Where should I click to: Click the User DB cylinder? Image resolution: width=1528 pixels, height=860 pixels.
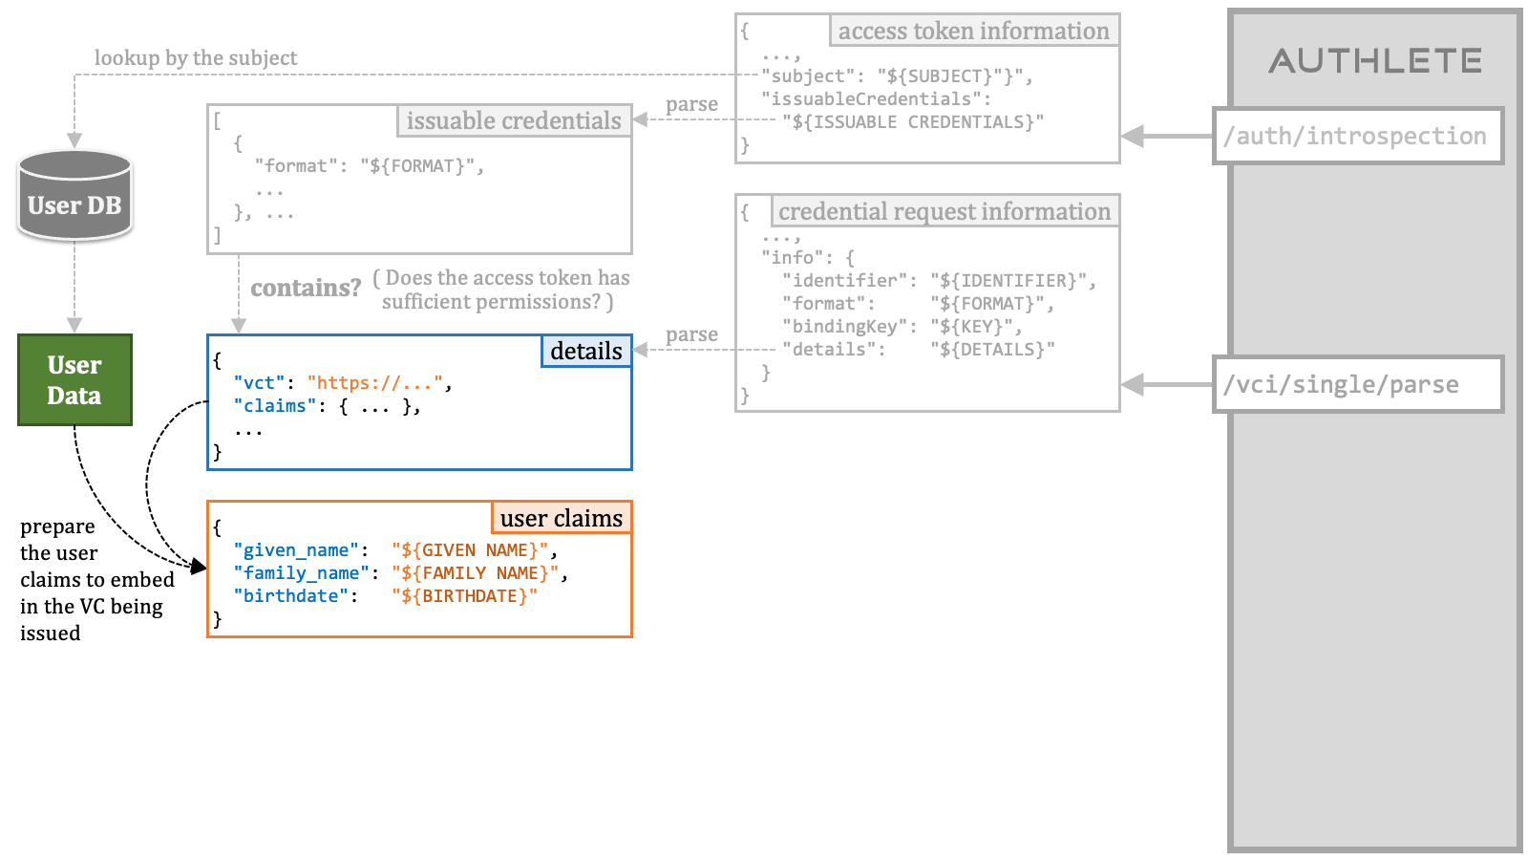[x=74, y=195]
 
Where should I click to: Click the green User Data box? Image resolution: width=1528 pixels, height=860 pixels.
[x=75, y=379]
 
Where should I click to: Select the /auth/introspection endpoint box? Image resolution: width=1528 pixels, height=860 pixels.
[x=1358, y=136]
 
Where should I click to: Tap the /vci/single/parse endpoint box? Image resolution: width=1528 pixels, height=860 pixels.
[x=1358, y=384]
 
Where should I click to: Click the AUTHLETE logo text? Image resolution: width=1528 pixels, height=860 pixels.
[x=1375, y=61]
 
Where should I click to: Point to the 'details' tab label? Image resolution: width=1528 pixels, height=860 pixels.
[x=586, y=351]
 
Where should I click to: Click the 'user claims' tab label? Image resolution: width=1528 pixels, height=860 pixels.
[x=562, y=518]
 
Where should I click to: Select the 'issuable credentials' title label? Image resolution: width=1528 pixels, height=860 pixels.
[x=514, y=120]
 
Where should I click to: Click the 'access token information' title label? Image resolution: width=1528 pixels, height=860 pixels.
[x=974, y=31]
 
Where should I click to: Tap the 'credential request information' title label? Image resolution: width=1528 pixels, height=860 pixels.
[x=944, y=211]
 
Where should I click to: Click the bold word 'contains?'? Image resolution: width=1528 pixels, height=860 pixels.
[x=306, y=288]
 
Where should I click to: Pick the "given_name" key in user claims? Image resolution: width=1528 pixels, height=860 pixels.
[x=296, y=550]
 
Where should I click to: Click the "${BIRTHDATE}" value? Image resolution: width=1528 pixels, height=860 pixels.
[x=464, y=596]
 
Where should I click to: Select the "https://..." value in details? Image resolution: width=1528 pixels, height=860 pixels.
[x=374, y=383]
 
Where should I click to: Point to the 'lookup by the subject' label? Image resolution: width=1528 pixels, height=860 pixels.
[x=196, y=58]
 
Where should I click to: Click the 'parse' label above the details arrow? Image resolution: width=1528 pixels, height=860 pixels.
[x=691, y=334]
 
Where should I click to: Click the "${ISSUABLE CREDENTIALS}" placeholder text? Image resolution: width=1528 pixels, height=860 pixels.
[x=913, y=122]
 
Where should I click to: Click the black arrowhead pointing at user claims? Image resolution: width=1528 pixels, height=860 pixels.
[x=199, y=566]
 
